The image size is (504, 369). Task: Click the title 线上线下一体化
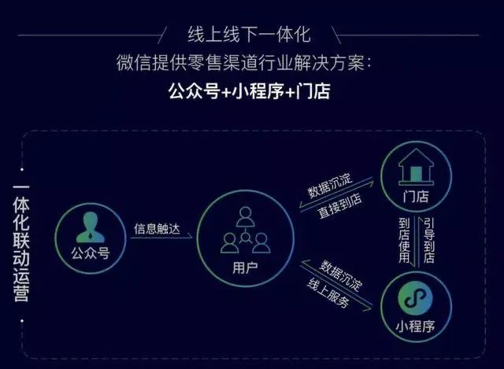(249, 35)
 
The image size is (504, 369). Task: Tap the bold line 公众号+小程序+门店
(249, 91)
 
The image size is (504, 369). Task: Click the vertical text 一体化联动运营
(21, 243)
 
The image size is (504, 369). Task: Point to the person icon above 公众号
(91, 227)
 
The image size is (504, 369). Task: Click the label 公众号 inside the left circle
(91, 253)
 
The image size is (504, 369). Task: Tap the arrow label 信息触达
(157, 229)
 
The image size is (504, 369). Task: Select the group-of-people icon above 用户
(245, 230)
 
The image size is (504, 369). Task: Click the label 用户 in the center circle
(245, 268)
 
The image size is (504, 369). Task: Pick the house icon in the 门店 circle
(416, 167)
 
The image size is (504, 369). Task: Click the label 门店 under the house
(416, 196)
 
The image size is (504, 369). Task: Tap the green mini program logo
(415, 298)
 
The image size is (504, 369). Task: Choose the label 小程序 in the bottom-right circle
(415, 327)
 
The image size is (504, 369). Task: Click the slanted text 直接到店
(339, 206)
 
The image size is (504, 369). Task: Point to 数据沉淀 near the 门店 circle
(330, 186)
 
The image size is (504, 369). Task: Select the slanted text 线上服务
(328, 293)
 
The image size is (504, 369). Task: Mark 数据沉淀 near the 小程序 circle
(341, 275)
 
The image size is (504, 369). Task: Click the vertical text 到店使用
(404, 241)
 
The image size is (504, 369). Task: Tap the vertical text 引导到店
(429, 241)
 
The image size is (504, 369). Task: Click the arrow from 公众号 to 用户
(161, 238)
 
